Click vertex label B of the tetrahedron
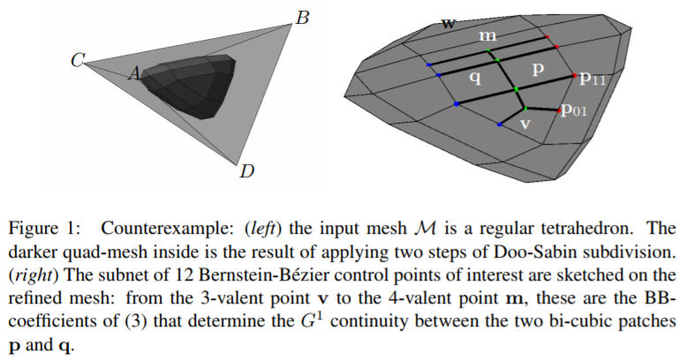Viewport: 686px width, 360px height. [302, 16]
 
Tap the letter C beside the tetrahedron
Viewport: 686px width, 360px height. [78, 61]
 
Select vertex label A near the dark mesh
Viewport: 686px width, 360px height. [134, 75]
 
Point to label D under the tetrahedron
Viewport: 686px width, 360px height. [247, 170]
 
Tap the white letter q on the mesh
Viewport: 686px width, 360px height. [475, 78]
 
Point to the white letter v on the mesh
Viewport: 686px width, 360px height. [524, 124]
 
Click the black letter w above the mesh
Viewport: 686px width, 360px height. [449, 23]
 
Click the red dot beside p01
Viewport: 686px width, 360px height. [560, 110]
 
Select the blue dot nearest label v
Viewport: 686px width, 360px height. [500, 126]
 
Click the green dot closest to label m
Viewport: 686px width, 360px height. [497, 60]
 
